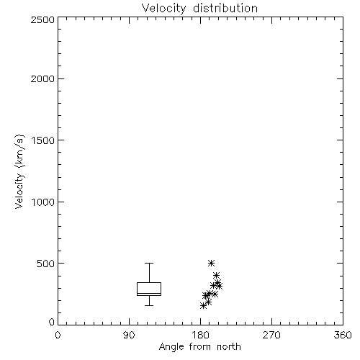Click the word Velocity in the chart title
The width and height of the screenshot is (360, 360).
pos(164,9)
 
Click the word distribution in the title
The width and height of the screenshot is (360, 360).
pos(225,8)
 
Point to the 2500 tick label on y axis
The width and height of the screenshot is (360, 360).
pos(42,19)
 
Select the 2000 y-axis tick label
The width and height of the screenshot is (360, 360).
pos(42,78)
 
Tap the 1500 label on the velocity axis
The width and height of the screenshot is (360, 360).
pos(43,140)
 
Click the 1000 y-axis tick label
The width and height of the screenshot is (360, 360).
pos(43,202)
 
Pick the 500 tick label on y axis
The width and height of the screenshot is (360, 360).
pos(46,264)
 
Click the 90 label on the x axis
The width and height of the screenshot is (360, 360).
pos(129,335)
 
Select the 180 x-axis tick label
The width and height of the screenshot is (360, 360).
pos(200,335)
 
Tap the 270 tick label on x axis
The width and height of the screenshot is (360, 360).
pos(271,335)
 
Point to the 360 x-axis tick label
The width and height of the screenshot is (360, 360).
pos(343,335)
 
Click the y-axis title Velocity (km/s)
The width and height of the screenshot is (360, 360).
pos(19,171)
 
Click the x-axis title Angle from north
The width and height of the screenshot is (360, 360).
pos(199,347)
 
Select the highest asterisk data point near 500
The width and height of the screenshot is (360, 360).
pos(211,263)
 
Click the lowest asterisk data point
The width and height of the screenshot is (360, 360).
pos(203,305)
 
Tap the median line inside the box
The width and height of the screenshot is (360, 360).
pos(149,293)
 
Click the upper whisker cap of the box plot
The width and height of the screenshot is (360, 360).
pos(149,263)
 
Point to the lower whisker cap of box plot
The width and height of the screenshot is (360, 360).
pos(149,305)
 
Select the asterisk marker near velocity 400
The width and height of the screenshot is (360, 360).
pos(216,275)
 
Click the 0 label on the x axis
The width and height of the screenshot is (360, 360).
pos(58,335)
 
